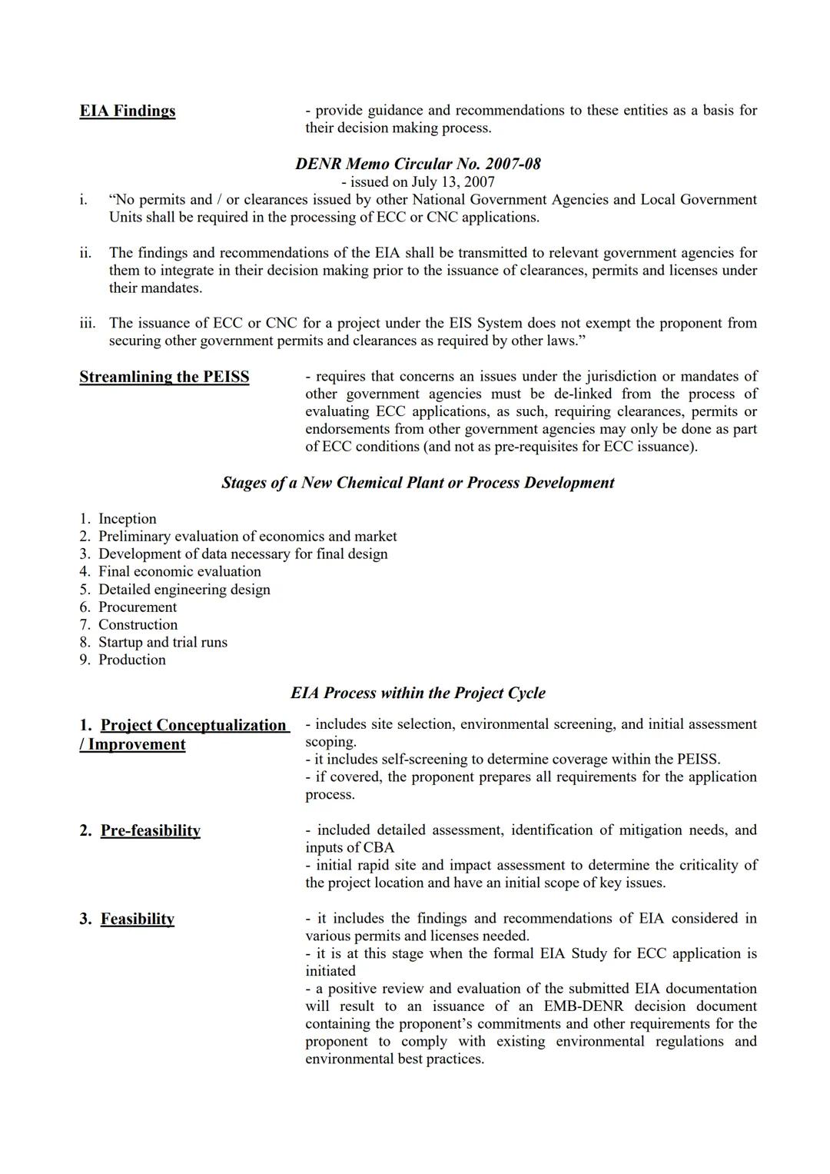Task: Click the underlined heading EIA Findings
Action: (x=127, y=111)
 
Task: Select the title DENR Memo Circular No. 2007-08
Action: (x=417, y=164)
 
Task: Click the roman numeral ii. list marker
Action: (x=85, y=253)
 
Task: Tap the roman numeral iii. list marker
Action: (x=87, y=323)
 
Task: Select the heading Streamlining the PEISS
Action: (x=164, y=377)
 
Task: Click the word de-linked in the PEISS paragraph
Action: (x=583, y=394)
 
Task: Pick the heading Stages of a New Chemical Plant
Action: (x=417, y=483)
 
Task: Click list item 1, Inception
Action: (x=127, y=519)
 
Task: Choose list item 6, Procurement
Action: (x=137, y=607)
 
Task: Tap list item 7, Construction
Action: (x=138, y=625)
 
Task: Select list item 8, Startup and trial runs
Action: (x=162, y=643)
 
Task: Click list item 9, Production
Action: (x=131, y=660)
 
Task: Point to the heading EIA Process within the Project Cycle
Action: (x=417, y=693)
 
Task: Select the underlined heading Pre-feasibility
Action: (x=150, y=831)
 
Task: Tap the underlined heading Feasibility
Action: (x=137, y=920)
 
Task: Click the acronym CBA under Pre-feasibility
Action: (x=377, y=848)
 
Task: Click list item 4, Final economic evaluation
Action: (x=179, y=572)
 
